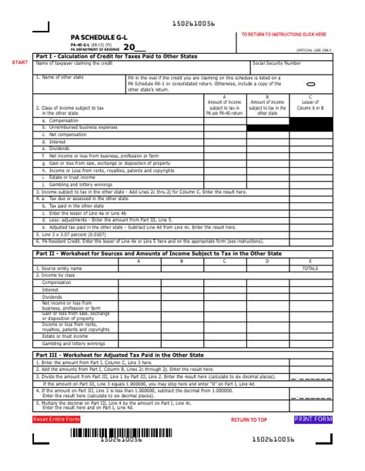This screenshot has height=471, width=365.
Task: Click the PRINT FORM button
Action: click(313, 419)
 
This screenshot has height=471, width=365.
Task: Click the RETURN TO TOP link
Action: click(249, 419)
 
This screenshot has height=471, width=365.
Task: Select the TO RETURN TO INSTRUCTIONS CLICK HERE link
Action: click(283, 35)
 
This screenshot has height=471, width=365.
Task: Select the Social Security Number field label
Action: click(276, 64)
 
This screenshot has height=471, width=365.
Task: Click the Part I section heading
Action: click(116, 56)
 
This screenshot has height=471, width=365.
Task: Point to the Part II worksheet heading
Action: click(158, 253)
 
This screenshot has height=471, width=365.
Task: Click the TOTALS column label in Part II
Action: click(310, 269)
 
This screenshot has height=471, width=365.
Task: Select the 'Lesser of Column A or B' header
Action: click(310, 105)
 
